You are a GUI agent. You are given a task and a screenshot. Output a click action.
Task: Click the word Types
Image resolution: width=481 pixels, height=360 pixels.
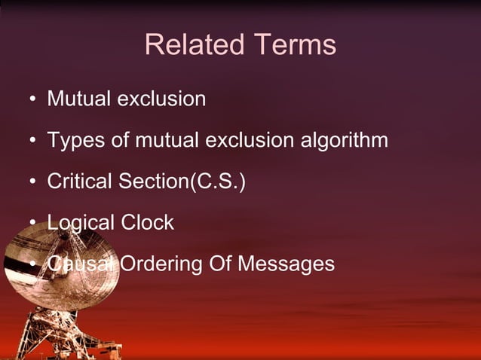click(72, 140)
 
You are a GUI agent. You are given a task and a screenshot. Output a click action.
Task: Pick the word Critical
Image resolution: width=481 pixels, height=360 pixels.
click(79, 182)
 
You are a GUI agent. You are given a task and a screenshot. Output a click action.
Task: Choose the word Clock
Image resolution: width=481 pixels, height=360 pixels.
click(147, 223)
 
